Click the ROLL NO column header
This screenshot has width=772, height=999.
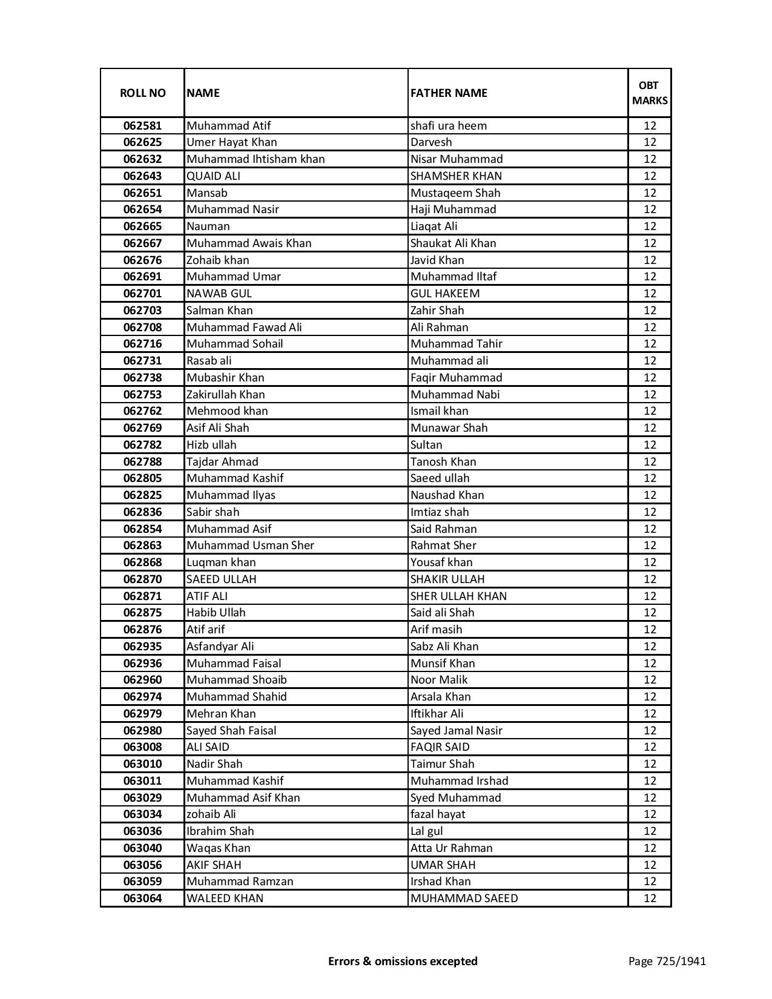[142, 93]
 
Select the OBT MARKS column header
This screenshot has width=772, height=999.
[649, 93]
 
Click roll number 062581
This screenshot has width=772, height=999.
[142, 126]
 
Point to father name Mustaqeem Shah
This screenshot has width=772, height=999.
[455, 193]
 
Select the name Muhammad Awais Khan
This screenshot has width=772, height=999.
[249, 243]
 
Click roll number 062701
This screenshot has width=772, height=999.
[142, 294]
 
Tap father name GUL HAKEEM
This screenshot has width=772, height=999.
[445, 294]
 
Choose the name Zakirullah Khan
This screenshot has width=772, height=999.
[226, 395]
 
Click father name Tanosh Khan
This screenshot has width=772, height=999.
[443, 462]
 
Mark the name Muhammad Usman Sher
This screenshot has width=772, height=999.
[250, 546]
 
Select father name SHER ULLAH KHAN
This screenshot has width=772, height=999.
[458, 596]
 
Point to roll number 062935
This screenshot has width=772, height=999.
[142, 647]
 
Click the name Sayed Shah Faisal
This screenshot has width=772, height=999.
[231, 731]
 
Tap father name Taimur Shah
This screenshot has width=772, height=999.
[442, 764]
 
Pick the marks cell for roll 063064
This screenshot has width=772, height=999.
[650, 898]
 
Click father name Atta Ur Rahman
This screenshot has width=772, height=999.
[451, 848]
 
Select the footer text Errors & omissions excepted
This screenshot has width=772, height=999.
[403, 961]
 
